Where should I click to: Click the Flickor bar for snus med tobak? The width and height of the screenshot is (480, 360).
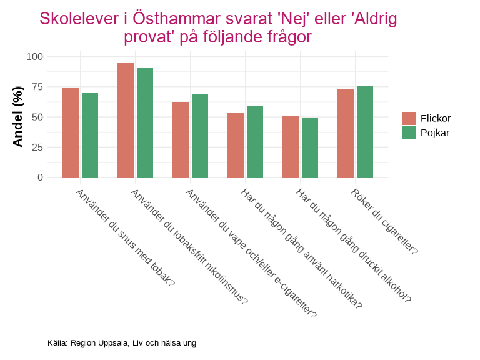(71, 132)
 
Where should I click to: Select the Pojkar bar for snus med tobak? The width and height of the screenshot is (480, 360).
(90, 135)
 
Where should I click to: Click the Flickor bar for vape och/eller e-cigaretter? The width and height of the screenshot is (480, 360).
(181, 139)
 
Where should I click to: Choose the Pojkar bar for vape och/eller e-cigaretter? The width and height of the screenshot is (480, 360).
(200, 136)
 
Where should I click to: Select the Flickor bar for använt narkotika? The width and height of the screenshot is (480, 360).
(236, 145)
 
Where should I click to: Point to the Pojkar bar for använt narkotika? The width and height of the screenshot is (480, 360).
(255, 142)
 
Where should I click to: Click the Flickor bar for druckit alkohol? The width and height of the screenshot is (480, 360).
(291, 146)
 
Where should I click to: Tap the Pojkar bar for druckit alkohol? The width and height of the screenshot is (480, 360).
(310, 147)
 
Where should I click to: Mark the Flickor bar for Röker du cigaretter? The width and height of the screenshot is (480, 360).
(346, 133)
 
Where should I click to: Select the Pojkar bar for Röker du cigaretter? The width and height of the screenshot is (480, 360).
(365, 132)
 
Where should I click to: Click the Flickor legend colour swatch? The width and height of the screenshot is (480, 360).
(409, 118)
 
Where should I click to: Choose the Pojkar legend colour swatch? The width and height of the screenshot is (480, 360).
(409, 132)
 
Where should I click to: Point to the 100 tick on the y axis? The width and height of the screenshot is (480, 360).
(35, 57)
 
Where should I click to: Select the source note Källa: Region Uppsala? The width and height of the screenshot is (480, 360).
(122, 343)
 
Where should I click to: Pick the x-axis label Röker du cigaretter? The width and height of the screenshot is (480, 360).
(384, 221)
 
